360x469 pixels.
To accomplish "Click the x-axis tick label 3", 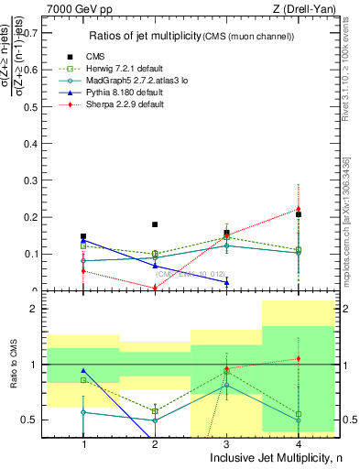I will click(x=225, y=442).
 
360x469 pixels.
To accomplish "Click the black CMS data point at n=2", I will click(x=155, y=224).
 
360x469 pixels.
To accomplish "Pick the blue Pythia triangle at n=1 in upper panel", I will click(x=83, y=240).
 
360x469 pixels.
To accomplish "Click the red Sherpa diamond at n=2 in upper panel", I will click(x=155, y=288).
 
